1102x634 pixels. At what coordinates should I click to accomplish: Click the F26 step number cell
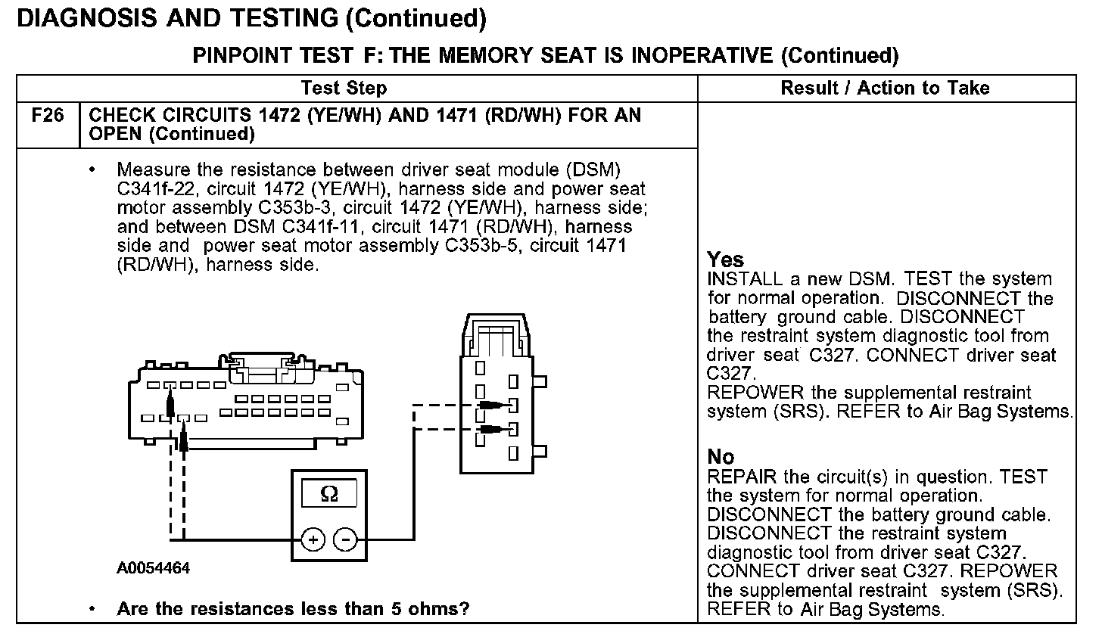(48, 116)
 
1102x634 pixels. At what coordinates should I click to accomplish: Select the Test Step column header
(344, 89)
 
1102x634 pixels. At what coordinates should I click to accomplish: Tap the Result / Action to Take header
(885, 89)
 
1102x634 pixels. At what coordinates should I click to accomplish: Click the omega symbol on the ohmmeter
(329, 494)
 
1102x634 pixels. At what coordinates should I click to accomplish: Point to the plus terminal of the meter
(313, 539)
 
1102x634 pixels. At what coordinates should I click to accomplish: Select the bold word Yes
(726, 260)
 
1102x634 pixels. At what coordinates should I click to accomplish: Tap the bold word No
(721, 457)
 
